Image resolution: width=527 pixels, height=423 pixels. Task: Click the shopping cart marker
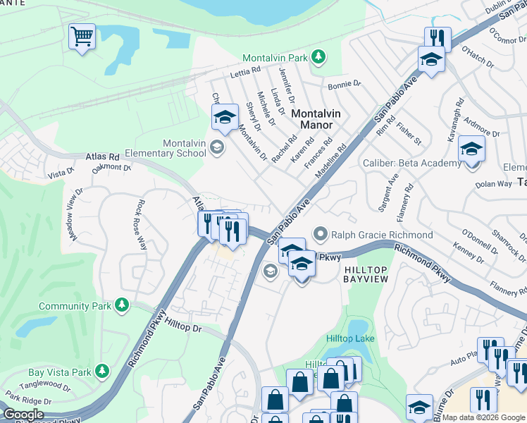82,36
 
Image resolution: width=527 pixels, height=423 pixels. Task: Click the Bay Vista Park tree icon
102,371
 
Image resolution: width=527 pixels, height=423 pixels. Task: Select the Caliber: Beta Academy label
411,163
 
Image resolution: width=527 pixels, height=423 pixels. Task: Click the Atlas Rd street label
102,156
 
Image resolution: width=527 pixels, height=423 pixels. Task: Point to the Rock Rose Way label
140,224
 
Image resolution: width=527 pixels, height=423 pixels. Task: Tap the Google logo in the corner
23,415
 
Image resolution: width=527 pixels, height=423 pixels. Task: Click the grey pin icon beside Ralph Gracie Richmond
321,233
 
